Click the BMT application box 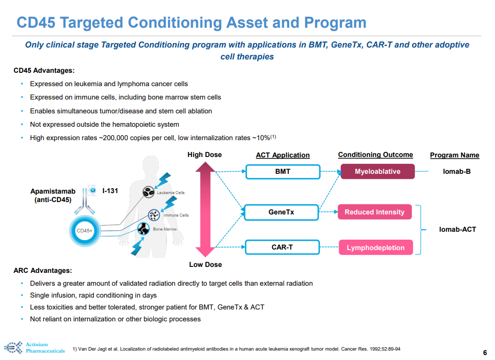283,172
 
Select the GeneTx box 281,212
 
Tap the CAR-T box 282,247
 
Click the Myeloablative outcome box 377,172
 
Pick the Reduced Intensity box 375,212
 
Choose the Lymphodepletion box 375,248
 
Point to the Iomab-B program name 456,172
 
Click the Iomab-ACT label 457,229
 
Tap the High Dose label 204,154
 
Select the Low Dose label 205,264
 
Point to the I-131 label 110,190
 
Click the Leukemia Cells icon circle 149,191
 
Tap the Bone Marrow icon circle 144,229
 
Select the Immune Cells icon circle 154,215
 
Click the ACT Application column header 283,155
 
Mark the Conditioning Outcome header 375,154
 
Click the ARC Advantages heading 43,270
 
